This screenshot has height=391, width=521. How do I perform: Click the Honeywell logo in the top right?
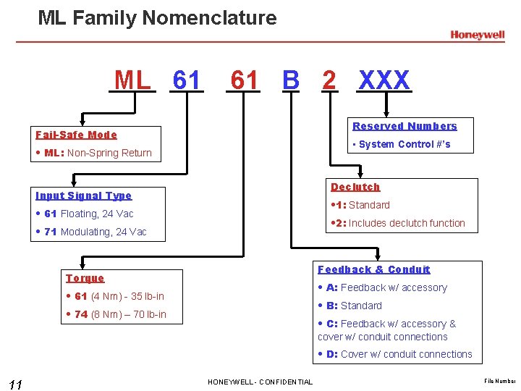(477, 35)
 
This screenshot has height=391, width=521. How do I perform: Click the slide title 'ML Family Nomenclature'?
(157, 17)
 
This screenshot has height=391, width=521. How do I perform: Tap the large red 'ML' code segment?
(133, 80)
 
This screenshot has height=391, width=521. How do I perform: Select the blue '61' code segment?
(187, 80)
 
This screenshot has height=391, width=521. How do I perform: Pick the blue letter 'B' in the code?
(290, 80)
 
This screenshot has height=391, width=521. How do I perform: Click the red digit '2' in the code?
(329, 80)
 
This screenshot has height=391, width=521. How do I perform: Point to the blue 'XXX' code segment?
(384, 80)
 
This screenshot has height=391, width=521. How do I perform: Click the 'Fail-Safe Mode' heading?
(76, 135)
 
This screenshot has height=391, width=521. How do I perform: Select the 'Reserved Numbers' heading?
(404, 126)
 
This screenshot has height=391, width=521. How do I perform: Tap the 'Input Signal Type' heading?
(84, 195)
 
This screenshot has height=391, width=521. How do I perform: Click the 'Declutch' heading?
(355, 187)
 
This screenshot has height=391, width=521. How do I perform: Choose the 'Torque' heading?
(85, 278)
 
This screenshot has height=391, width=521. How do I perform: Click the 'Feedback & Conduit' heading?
(374, 269)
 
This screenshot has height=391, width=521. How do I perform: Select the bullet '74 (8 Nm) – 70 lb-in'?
(117, 314)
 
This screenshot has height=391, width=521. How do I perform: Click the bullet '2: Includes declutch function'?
(398, 223)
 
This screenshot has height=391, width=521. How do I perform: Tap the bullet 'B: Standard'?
(354, 306)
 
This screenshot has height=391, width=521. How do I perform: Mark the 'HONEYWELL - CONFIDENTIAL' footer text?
(260, 382)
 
